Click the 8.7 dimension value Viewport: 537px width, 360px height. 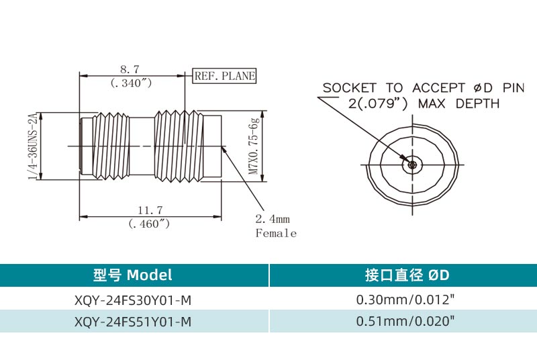[x=130, y=69]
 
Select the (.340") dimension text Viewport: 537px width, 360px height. [x=130, y=83]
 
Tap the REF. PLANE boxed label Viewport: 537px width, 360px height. [x=225, y=76]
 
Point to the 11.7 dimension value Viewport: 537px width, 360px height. [x=148, y=211]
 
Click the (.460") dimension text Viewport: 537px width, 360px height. [x=148, y=224]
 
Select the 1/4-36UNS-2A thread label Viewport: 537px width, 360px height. [x=31, y=146]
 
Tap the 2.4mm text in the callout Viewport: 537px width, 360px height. [x=273, y=219]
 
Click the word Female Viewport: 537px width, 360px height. [x=276, y=233]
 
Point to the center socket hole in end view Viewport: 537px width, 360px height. [x=412, y=163]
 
